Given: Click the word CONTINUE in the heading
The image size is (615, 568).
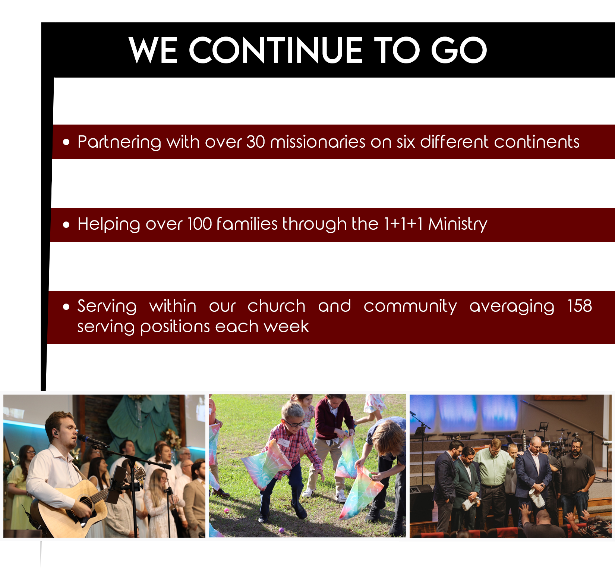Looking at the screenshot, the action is tap(275, 50).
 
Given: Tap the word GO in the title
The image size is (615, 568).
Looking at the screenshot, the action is tap(459, 50).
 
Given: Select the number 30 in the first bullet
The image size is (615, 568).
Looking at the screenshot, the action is tap(256, 142).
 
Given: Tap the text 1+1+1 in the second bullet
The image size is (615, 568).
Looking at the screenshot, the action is tap(403, 224).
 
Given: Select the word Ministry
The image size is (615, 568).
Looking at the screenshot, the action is tap(458, 225).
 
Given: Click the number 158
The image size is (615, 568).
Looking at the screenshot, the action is tap(580, 306).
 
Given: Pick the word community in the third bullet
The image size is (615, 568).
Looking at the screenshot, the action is tap(410, 307).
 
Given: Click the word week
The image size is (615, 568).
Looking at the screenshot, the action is tap(287, 326).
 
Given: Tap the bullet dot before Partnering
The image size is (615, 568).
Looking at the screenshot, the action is tap(66, 142).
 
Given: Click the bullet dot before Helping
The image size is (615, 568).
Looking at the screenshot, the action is tap(66, 225).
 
